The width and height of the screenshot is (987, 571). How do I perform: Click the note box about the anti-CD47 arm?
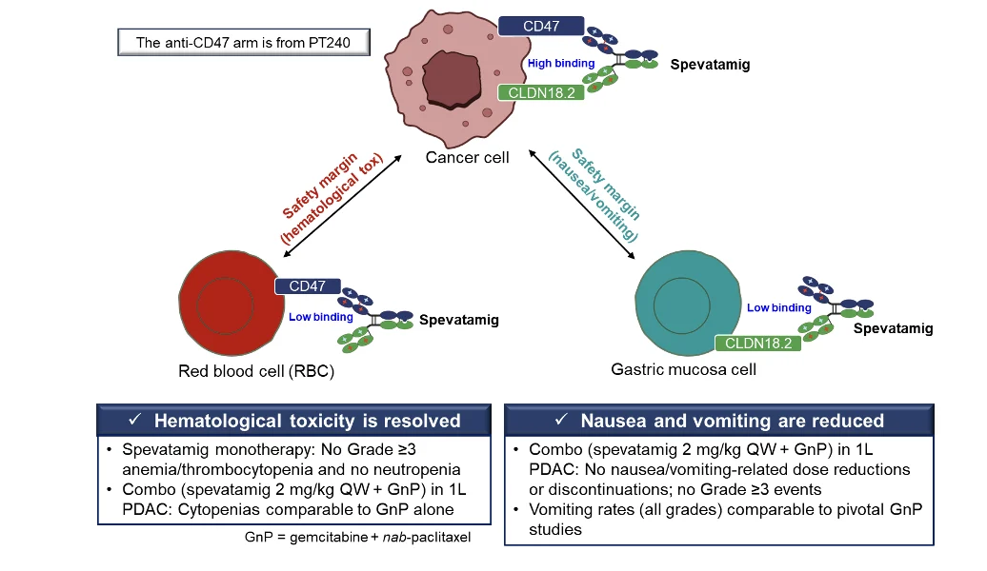[x=243, y=43]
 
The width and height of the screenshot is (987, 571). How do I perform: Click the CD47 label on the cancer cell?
[x=540, y=26]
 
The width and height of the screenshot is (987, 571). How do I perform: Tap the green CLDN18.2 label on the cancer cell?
[x=540, y=92]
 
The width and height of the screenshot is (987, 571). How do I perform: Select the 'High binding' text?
[x=561, y=64]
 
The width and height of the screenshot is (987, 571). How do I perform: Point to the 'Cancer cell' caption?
[x=467, y=157]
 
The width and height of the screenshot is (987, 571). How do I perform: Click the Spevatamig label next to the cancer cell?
[x=710, y=66]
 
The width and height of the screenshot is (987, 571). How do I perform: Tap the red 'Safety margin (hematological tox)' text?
[x=331, y=197]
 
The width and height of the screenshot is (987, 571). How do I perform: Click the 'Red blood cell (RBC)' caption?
[x=256, y=371]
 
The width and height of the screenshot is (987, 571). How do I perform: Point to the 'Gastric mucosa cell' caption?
[x=683, y=368]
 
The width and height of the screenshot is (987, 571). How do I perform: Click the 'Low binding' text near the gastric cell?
[x=778, y=308]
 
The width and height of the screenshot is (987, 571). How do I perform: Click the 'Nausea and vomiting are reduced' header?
[x=718, y=421]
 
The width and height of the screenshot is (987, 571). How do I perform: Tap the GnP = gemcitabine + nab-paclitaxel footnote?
[x=357, y=537]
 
